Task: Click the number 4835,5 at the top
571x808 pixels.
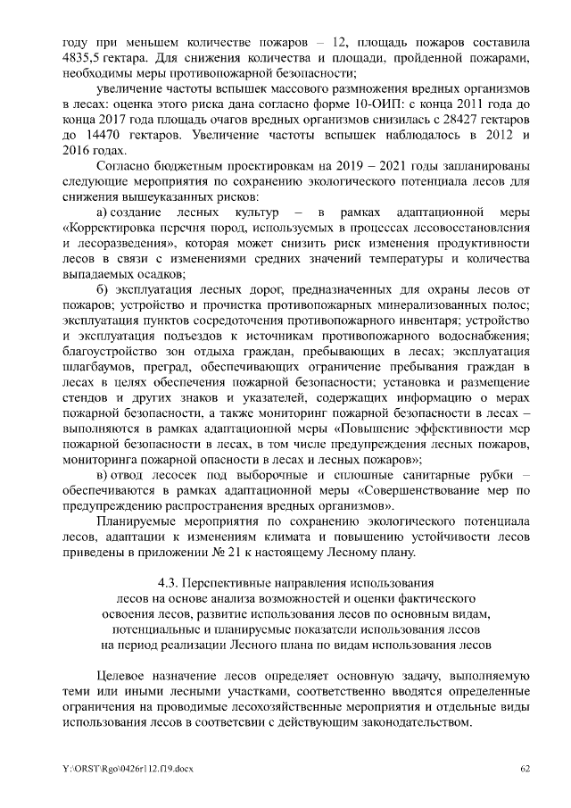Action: point(80,57)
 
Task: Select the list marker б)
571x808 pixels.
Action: point(104,291)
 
